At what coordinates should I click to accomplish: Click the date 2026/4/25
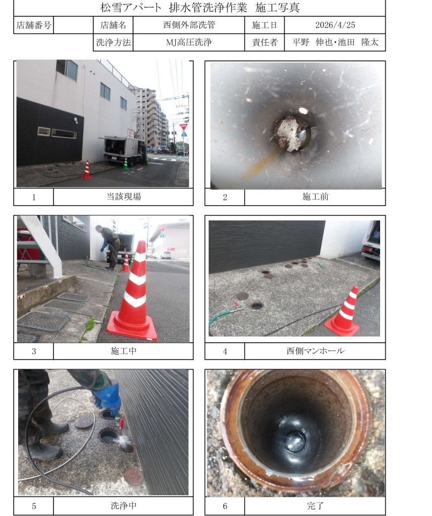tap(335, 25)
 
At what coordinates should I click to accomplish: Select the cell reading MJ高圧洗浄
tap(189, 42)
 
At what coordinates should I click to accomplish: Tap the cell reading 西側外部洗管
tap(189, 25)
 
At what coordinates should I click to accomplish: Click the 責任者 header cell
tap(265, 42)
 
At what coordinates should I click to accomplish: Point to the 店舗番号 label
tap(34, 25)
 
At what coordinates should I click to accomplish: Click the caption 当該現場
tap(124, 197)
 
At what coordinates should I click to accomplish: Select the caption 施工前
tap(316, 197)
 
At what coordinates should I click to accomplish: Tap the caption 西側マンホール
tap(316, 351)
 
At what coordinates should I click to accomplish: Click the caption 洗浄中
tap(124, 505)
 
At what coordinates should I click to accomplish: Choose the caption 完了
tap(316, 505)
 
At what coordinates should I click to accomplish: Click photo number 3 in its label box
tap(34, 351)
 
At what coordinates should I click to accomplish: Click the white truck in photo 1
tap(122, 150)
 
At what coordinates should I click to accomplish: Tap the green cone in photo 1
tap(126, 164)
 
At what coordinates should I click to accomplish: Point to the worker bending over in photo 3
tap(109, 247)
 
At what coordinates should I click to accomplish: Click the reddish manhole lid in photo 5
tap(134, 476)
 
